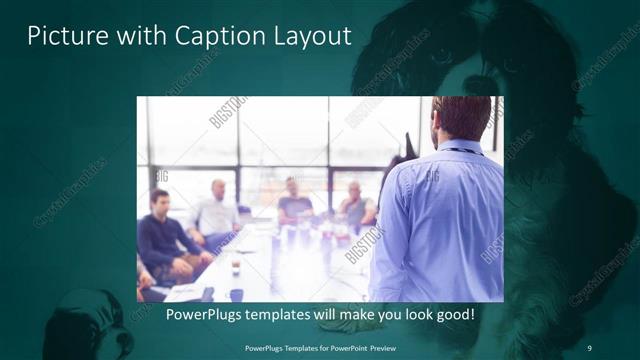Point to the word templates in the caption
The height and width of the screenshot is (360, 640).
tap(288, 315)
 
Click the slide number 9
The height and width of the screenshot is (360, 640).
tap(589, 347)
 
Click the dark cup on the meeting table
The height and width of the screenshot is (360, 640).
tap(235, 267)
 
